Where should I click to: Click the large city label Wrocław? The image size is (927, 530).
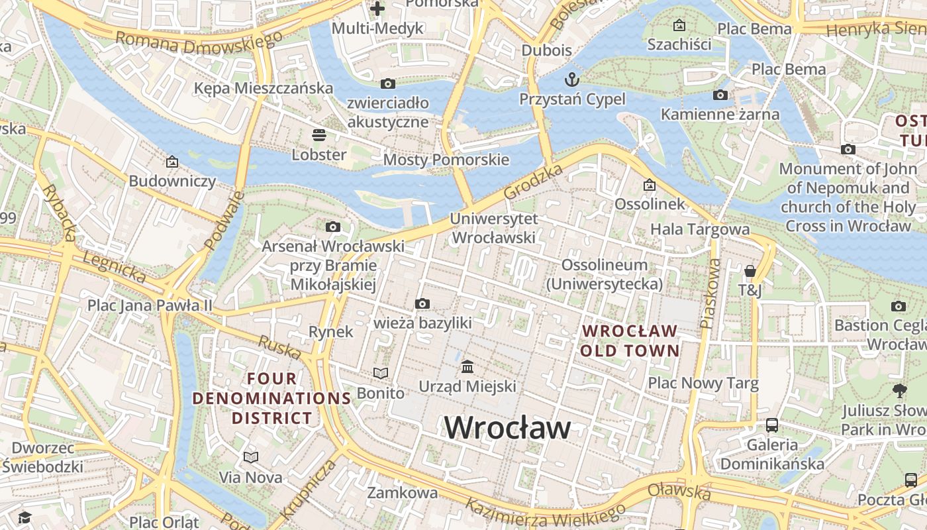[507, 427]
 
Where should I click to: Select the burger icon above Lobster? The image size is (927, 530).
[319, 136]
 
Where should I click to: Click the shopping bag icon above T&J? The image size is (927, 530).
[750, 271]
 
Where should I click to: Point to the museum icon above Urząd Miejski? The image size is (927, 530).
[467, 366]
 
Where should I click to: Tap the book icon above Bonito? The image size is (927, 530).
[380, 374]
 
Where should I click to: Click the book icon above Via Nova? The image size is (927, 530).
[250, 458]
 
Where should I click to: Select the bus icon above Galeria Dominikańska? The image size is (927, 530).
[772, 425]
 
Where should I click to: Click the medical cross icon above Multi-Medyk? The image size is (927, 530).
[377, 9]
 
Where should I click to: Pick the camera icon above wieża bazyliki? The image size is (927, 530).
[422, 304]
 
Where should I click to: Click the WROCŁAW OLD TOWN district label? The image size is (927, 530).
[630, 341]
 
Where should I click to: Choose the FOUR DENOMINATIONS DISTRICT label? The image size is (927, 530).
[271, 398]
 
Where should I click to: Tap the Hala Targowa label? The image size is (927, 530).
[700, 229]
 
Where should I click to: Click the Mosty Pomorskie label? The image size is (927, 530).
[446, 160]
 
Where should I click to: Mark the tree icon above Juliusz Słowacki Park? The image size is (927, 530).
[899, 390]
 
